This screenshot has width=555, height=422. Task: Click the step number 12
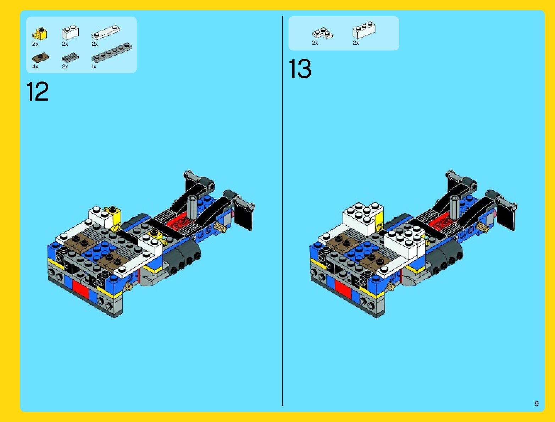pyautogui.click(x=37, y=91)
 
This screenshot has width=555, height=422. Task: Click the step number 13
pyautogui.click(x=300, y=69)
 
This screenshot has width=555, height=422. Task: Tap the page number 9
pyautogui.click(x=537, y=404)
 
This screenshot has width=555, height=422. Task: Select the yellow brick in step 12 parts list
pyautogui.click(x=40, y=34)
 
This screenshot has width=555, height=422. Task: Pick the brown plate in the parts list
pyautogui.click(x=40, y=58)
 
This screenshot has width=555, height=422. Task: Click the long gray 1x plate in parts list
pyautogui.click(x=111, y=52)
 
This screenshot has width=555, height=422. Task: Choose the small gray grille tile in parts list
pyautogui.click(x=70, y=58)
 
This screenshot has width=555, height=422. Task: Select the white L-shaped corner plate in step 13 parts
pyautogui.click(x=323, y=33)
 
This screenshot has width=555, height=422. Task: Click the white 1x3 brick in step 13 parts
pyautogui.click(x=364, y=30)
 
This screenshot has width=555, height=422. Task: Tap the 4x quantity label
pyautogui.click(x=35, y=67)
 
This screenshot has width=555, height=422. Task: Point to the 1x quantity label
pyautogui.click(x=94, y=67)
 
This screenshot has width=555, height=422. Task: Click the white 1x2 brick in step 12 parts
pyautogui.click(x=70, y=32)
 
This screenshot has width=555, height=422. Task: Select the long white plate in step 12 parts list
pyautogui.click(x=106, y=32)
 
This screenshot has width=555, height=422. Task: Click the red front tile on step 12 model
pyautogui.click(x=81, y=289)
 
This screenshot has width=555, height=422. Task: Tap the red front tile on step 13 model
pyautogui.click(x=343, y=289)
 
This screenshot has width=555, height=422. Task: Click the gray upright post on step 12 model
pyautogui.click(x=192, y=207)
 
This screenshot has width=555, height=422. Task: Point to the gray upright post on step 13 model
pyautogui.click(x=455, y=207)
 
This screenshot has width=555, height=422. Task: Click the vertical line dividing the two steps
pyautogui.click(x=282, y=211)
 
